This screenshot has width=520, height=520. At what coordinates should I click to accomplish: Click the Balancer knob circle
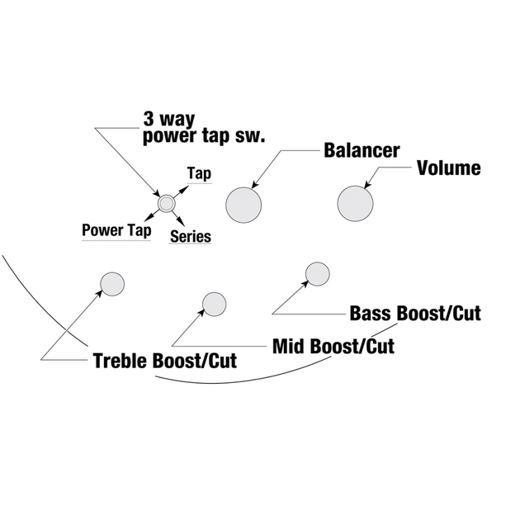(x=243, y=202)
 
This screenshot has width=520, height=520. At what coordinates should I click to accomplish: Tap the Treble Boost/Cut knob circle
(x=112, y=284)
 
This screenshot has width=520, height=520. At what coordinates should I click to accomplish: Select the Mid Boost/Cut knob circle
(x=214, y=304)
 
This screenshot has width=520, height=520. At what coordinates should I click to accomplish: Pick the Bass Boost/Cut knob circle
(x=317, y=273)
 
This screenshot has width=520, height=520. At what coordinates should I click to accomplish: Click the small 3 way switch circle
(x=166, y=202)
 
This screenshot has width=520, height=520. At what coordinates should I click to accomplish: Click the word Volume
(x=448, y=168)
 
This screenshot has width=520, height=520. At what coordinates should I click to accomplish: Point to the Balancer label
(x=362, y=151)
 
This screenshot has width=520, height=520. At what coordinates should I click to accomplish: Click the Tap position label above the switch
(x=199, y=173)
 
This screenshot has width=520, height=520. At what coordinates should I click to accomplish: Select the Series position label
(x=191, y=237)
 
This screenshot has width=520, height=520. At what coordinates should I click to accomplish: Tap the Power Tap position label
(x=116, y=230)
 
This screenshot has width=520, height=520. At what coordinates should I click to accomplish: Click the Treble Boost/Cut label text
(x=164, y=361)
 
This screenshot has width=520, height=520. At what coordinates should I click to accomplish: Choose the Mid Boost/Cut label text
(x=333, y=345)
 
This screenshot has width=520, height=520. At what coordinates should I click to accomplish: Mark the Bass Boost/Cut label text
(x=415, y=314)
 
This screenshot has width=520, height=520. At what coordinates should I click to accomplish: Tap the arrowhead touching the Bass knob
(x=305, y=283)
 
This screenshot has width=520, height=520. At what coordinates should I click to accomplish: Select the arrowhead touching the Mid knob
(x=203, y=313)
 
